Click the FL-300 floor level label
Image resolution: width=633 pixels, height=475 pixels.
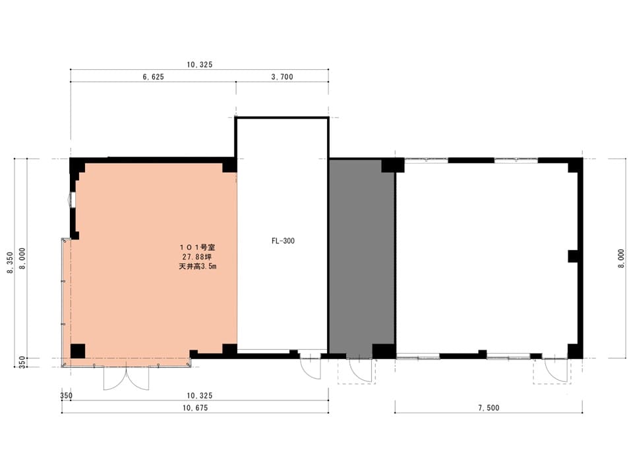pos(283,241)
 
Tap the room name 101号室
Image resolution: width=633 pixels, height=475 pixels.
pos(197,247)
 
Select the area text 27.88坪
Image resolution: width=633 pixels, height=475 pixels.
pos(197,257)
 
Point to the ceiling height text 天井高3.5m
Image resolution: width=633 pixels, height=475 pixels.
pos(197,266)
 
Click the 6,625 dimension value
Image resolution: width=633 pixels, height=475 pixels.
pos(153,77)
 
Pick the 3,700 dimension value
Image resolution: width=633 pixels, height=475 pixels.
pos(282,77)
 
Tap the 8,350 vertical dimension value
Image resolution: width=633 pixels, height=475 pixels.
pos(10,263)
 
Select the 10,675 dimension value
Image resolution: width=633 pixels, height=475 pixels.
pos(195,408)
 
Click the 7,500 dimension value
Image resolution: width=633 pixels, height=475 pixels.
pos(489,408)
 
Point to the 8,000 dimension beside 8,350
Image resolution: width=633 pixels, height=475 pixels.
pos(22,259)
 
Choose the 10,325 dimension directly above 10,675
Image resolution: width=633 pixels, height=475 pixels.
pos(199,395)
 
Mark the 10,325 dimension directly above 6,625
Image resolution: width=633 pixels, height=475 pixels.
pos(199,65)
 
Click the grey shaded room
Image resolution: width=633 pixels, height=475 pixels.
pos(362,259)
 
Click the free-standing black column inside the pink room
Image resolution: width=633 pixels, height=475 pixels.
pos(78,351)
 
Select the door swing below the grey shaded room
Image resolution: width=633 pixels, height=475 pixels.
pos(360,370)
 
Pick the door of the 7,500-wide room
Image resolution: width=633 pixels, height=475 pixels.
pos(555,370)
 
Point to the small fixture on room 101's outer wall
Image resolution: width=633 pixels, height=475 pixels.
pos(72,199)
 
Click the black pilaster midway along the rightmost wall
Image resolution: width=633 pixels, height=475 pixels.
pos(573,257)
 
